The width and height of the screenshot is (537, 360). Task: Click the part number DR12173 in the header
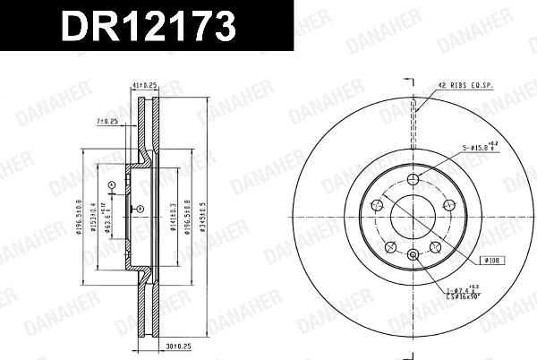coord(148,27)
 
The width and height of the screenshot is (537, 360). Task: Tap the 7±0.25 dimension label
coord(107,121)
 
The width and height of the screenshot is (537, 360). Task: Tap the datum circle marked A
coord(111,185)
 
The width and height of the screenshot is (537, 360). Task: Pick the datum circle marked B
coord(141,209)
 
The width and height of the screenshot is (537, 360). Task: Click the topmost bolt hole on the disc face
coord(413,180)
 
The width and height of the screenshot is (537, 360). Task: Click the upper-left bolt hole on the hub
coord(379,204)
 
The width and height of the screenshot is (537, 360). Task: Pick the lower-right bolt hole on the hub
coord(436,246)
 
